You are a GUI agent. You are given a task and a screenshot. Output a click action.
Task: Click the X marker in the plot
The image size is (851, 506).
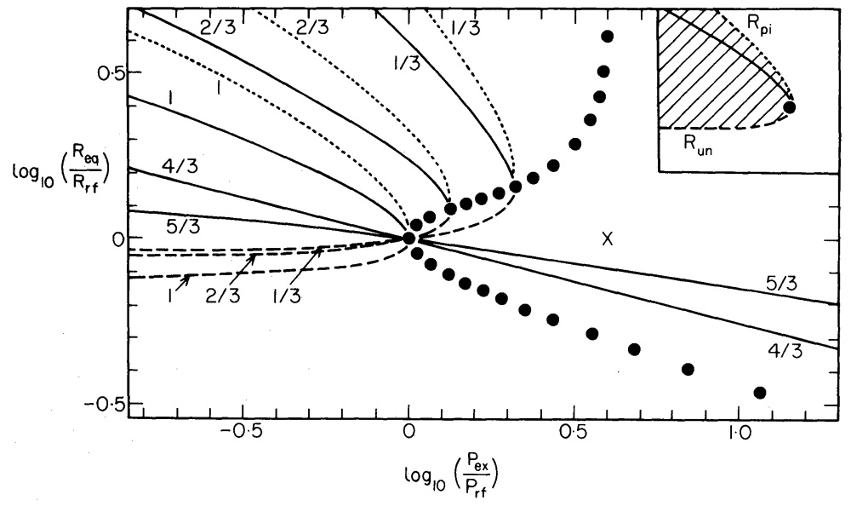click(607, 240)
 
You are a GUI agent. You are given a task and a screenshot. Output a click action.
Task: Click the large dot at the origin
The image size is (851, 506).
click(408, 239)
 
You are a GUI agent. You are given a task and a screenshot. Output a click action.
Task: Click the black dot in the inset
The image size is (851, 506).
click(789, 107)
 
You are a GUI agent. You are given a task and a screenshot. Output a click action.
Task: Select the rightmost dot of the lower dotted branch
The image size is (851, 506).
click(760, 393)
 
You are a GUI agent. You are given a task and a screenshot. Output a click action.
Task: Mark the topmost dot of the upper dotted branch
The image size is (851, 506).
click(607, 37)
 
